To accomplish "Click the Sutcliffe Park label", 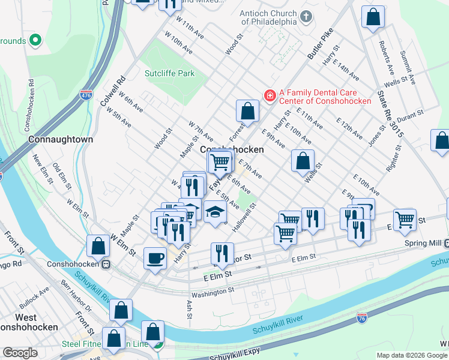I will coord(170,73).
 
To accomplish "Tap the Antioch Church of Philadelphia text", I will coord(268,17).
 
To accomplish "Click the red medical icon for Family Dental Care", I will coord(270,95).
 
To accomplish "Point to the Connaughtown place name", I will coord(61,139).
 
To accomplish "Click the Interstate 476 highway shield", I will coord(86,95).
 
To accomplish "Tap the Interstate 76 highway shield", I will coord(361,316).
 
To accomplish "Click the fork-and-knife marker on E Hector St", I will coord(222,253).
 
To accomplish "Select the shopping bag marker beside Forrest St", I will coord(247,111).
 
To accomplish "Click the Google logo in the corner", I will coord(20,353).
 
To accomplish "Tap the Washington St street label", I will coord(213,291).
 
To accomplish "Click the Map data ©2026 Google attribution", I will coord(412,355).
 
